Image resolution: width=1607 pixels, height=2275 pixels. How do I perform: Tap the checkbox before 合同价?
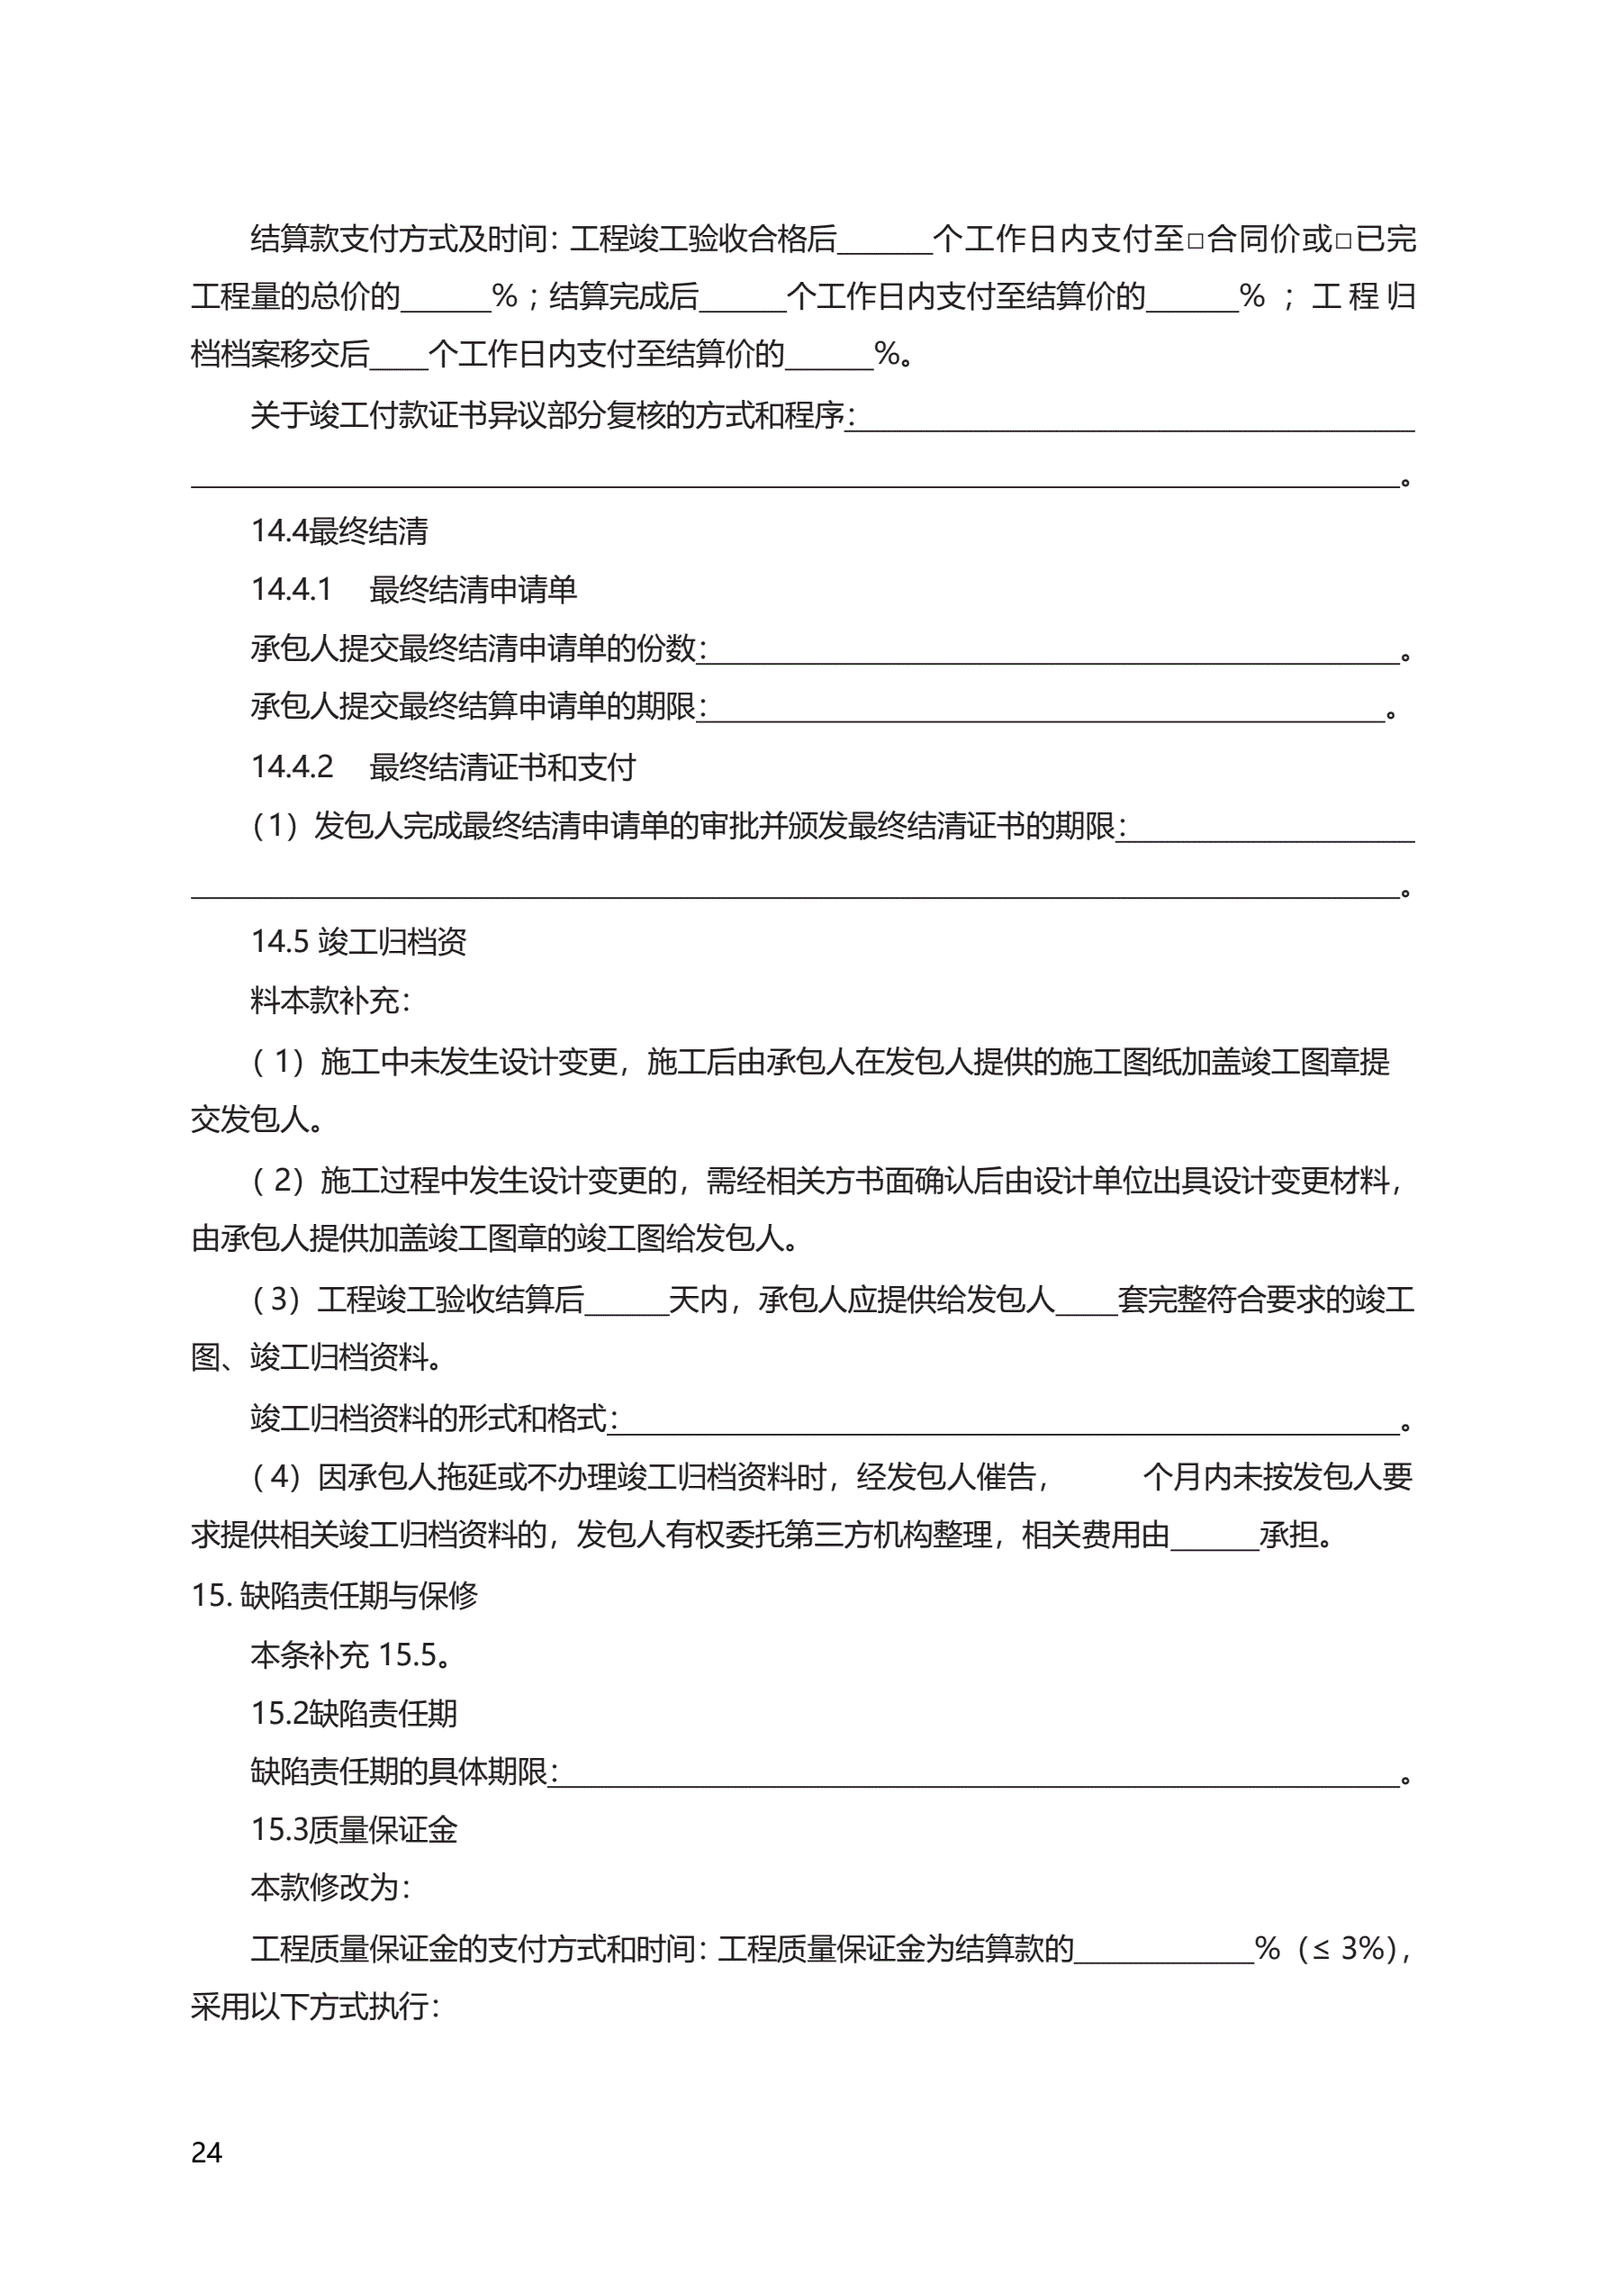click(x=1195, y=240)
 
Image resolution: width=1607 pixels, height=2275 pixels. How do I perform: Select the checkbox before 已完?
click(x=1342, y=240)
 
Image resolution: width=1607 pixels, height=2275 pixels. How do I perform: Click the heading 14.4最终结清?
click(x=339, y=531)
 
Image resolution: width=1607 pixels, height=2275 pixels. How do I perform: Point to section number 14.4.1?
click(x=292, y=590)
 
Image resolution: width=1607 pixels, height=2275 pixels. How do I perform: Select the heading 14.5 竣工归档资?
click(x=357, y=941)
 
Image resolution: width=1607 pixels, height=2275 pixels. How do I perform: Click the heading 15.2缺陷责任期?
click(x=354, y=1713)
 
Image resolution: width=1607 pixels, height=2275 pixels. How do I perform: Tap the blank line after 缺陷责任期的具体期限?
click(x=979, y=1773)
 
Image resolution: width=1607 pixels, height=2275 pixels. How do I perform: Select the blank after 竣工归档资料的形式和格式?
click(x=1008, y=1421)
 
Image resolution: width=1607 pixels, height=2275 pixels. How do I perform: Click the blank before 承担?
click(x=1214, y=1537)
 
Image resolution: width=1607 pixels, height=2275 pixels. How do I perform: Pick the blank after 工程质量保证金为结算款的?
click(x=1164, y=1951)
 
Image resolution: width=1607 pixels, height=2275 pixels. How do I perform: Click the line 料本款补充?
click(x=330, y=1001)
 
